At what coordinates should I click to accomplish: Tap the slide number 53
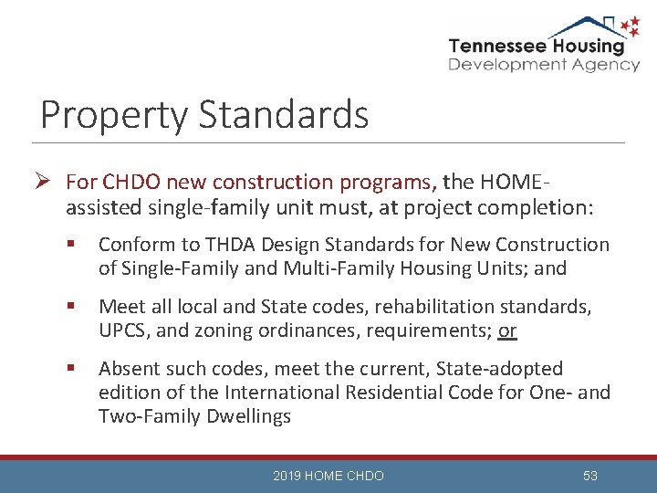point(589,476)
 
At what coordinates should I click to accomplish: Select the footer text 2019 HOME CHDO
point(328,476)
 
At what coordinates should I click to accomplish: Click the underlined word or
point(507,330)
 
